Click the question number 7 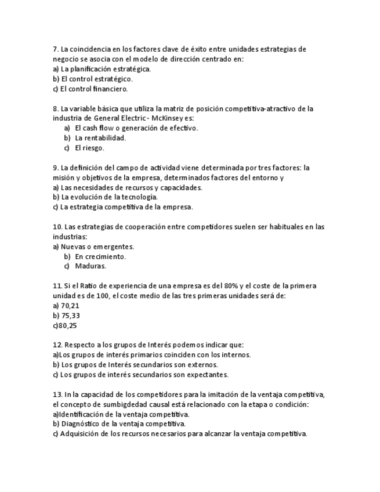pos(55,49)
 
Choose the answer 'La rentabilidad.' pos(100,138)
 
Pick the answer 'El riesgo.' pos(89,148)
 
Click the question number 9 pos(55,168)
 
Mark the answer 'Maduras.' pos(91,266)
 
